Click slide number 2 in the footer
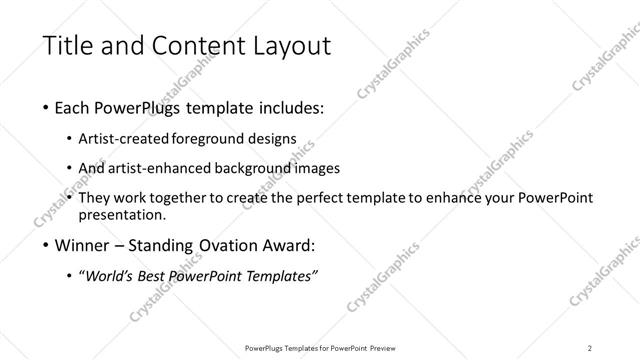click(590, 347)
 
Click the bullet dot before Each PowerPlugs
click(37, 107)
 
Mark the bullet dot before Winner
click(37, 245)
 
